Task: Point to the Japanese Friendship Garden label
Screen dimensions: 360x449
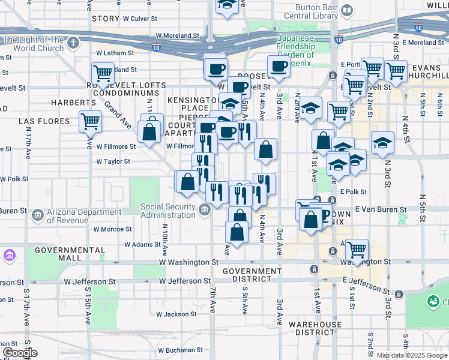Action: (295, 47)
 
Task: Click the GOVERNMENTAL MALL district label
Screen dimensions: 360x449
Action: (58, 253)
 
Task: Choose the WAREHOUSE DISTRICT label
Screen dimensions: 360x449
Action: (310, 328)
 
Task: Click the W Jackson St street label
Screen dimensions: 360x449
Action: (176, 314)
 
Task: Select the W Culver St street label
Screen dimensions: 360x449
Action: (143, 19)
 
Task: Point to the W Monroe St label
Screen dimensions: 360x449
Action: (112, 229)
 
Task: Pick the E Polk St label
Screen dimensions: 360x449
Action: (352, 191)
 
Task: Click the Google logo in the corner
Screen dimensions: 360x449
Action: (20, 353)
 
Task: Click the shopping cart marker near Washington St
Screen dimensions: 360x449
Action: (357, 248)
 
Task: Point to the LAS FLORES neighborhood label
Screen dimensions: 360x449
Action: (40, 121)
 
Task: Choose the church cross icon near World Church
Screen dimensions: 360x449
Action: (73, 43)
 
